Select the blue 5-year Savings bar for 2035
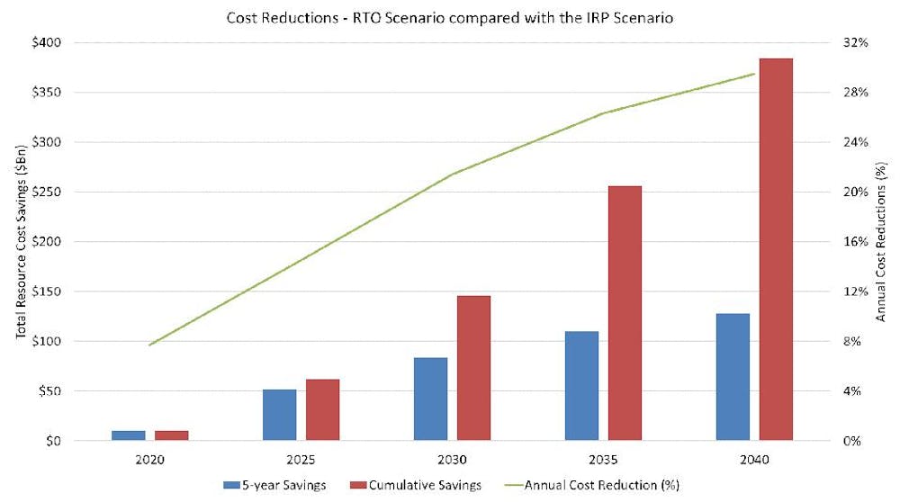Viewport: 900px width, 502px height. click(581, 386)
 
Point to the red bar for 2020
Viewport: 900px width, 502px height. click(171, 435)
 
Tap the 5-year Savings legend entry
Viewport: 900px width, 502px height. click(274, 485)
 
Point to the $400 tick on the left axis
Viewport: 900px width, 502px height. click(42, 42)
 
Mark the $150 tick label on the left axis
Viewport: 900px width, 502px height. click(42, 291)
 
